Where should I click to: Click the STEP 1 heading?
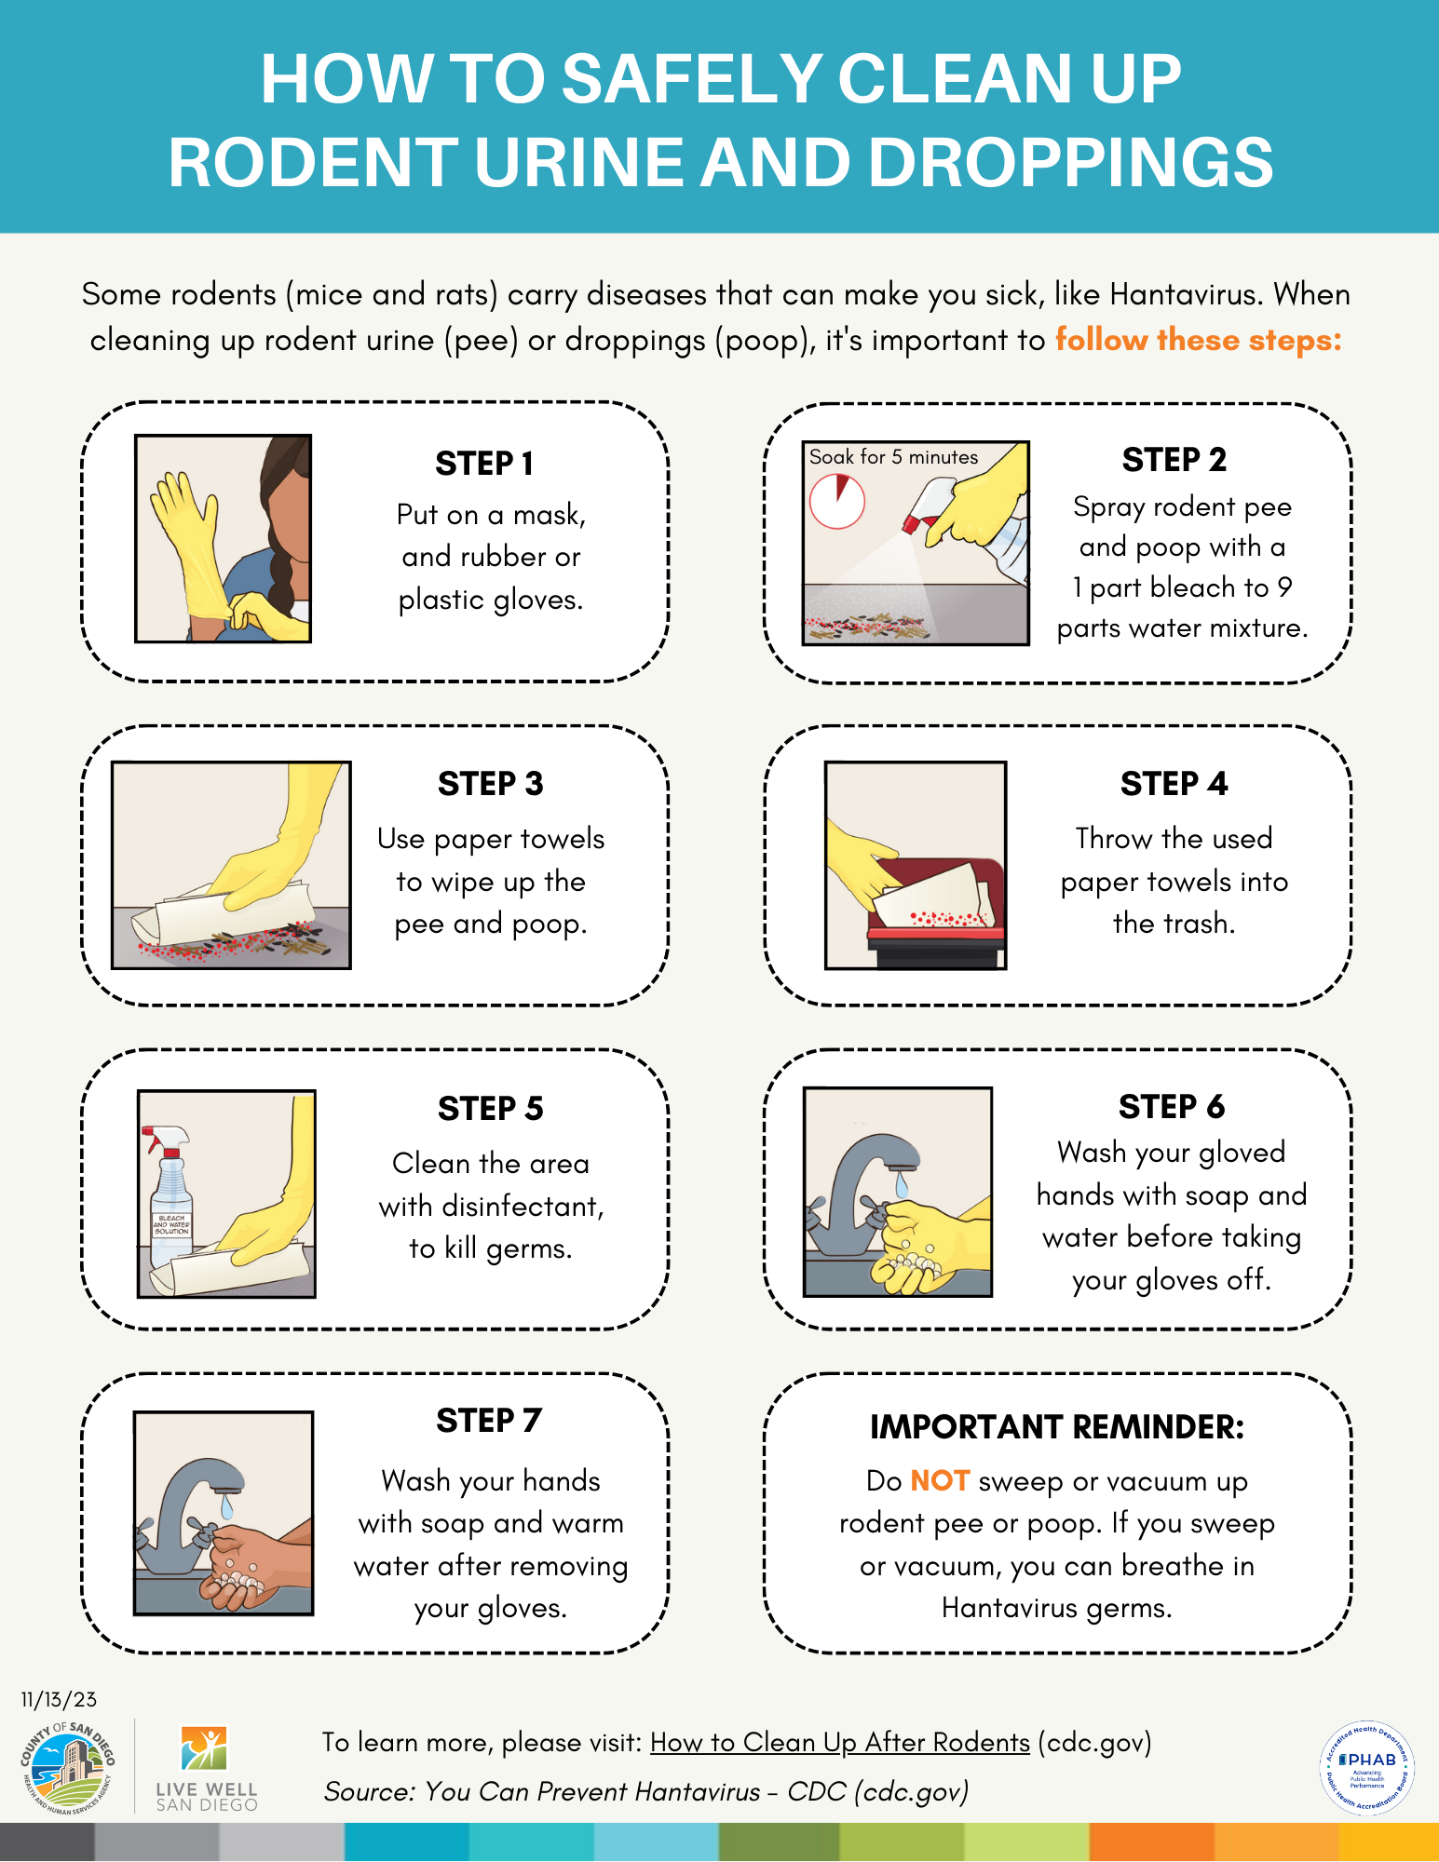(x=484, y=463)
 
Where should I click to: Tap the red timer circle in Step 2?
(x=836, y=501)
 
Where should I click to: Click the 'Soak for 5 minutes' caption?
(x=893, y=457)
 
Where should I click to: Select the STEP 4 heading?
(x=1174, y=784)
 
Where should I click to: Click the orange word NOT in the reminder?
(x=940, y=1480)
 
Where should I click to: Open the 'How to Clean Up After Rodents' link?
(x=840, y=1742)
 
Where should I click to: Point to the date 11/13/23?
(x=59, y=1699)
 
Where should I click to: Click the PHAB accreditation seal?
(x=1367, y=1767)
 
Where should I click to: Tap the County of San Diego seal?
(x=67, y=1767)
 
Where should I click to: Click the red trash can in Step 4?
(x=936, y=912)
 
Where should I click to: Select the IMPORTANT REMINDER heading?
(x=1057, y=1426)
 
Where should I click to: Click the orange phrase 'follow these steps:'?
(x=1198, y=340)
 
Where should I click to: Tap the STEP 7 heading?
(x=489, y=1421)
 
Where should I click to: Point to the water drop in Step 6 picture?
(x=901, y=1185)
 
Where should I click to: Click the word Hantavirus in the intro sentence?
(x=1183, y=294)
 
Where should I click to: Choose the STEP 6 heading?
(x=1172, y=1107)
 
